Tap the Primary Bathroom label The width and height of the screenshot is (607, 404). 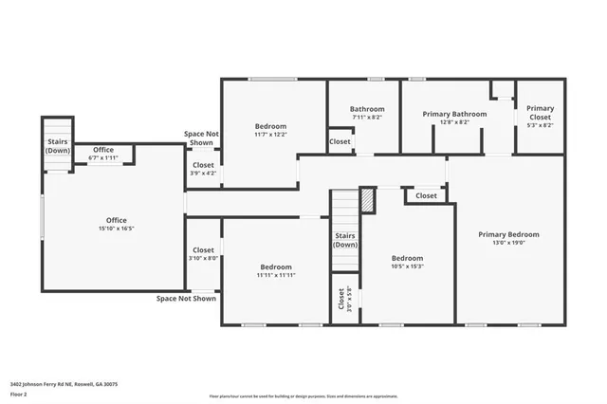pyautogui.click(x=454, y=114)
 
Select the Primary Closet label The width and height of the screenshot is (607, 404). pyautogui.click(x=540, y=108)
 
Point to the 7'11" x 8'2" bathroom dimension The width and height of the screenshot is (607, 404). pyautogui.click(x=366, y=118)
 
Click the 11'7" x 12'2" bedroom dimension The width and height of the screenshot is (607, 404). pyautogui.click(x=270, y=135)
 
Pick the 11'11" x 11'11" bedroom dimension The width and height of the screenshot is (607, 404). pyautogui.click(x=276, y=276)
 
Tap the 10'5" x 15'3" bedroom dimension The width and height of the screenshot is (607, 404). pyautogui.click(x=407, y=266)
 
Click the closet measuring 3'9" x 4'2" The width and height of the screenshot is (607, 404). pyautogui.click(x=203, y=173)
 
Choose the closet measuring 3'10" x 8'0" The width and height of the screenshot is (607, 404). pyautogui.click(x=203, y=258)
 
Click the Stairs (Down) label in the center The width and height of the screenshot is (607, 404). pyautogui.click(x=345, y=239)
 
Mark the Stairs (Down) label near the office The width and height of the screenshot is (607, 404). pyautogui.click(x=58, y=146)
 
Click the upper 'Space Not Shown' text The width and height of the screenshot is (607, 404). pyautogui.click(x=200, y=138)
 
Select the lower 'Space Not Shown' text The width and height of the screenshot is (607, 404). pyautogui.click(x=186, y=299)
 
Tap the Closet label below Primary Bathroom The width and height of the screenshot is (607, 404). pyautogui.click(x=426, y=196)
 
